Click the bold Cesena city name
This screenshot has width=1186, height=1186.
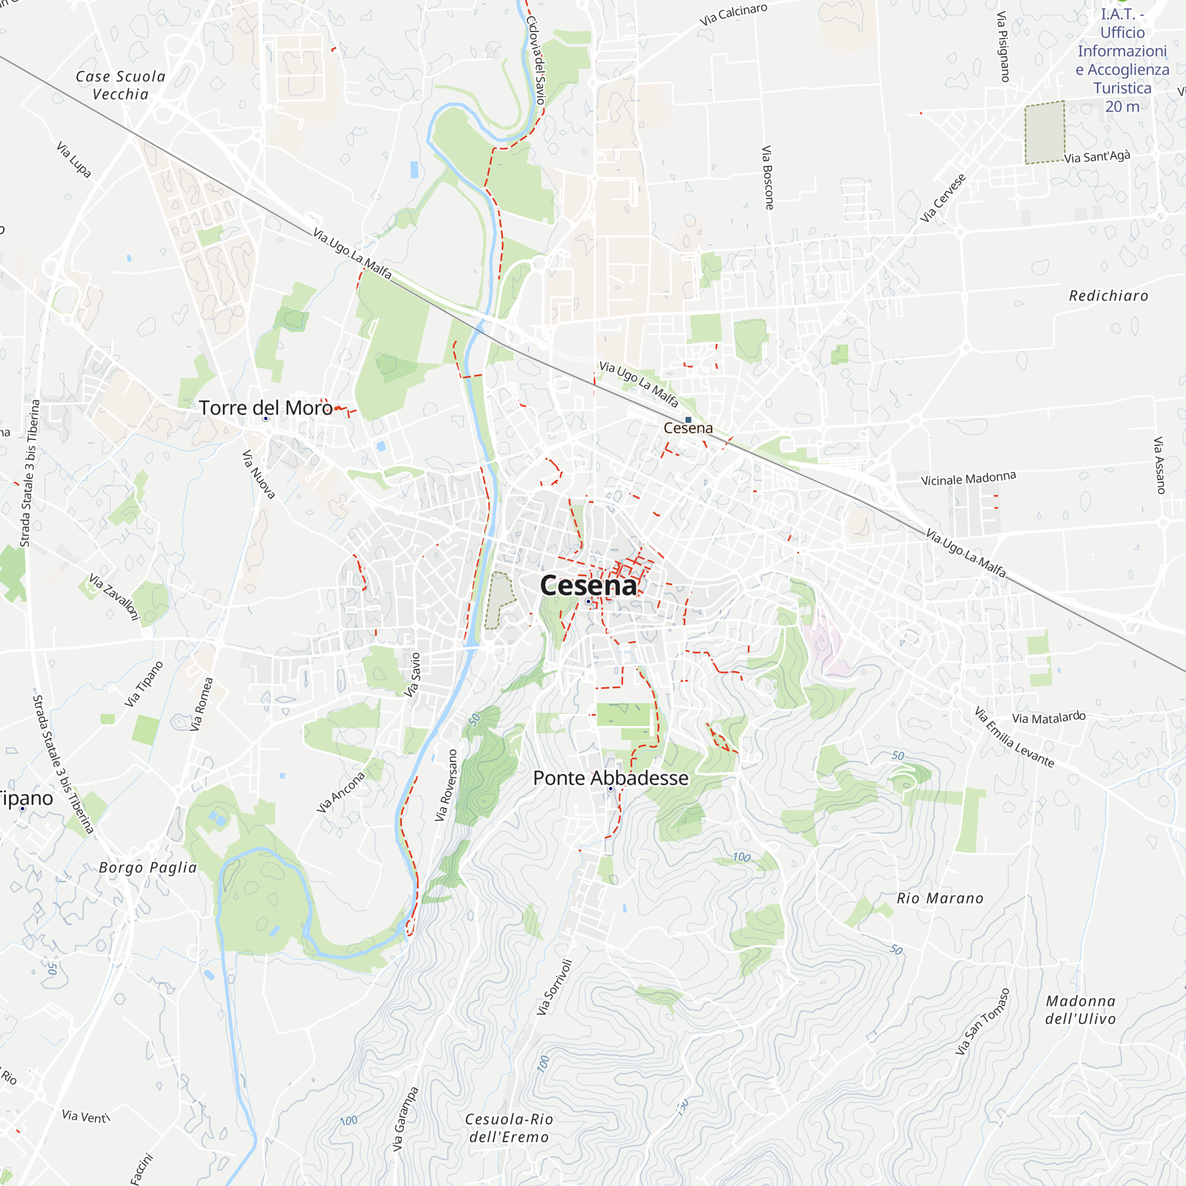[x=588, y=585]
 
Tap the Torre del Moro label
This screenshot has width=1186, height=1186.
[x=265, y=407]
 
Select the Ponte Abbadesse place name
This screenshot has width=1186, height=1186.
[x=610, y=778]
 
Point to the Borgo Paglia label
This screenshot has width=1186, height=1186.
[x=148, y=868]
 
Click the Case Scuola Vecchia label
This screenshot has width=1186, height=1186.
[x=120, y=85]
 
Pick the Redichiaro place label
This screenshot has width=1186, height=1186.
[x=1108, y=296]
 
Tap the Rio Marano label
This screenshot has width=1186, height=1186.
[x=940, y=899]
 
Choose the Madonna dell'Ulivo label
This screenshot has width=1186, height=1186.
[x=1080, y=1010]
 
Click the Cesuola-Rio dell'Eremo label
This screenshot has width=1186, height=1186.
[x=509, y=1128]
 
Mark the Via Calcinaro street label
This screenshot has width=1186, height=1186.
[x=733, y=15]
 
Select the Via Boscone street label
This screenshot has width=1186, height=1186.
[x=767, y=177]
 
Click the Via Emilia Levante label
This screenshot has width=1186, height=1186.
[x=1014, y=737]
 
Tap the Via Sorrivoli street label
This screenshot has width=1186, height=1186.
[x=554, y=987]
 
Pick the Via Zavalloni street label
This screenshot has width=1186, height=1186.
[x=115, y=597]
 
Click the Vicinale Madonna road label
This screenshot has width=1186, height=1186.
[x=968, y=478]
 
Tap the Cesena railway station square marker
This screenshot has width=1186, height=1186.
[x=688, y=420]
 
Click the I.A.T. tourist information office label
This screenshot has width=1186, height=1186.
[x=1122, y=60]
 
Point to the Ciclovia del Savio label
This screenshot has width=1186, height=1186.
[x=535, y=59]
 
